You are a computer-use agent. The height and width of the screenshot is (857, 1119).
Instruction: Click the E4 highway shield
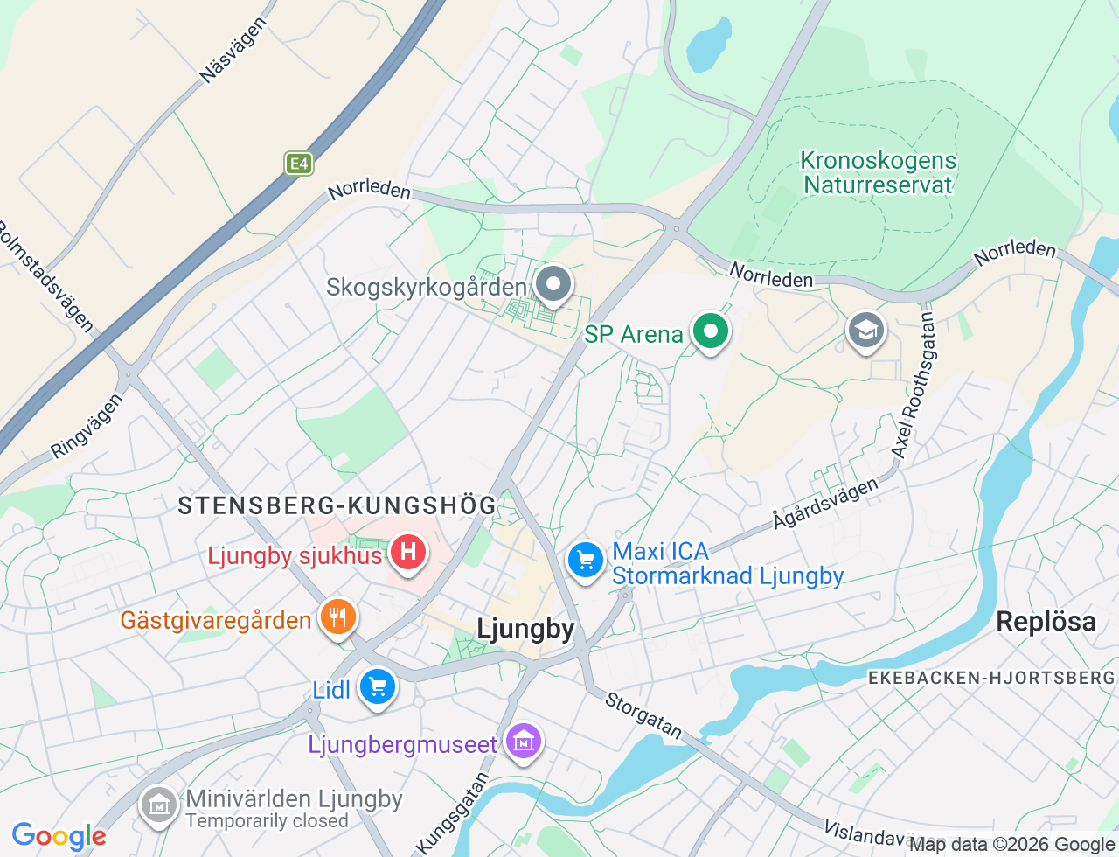(x=299, y=164)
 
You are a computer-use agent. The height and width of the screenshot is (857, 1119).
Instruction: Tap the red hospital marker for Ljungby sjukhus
(x=407, y=552)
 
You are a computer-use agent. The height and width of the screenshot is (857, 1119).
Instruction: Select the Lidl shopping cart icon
(x=378, y=687)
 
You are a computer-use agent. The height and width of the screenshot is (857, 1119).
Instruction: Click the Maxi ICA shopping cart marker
(x=585, y=559)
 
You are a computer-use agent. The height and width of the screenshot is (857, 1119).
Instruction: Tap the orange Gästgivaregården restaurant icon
(x=337, y=617)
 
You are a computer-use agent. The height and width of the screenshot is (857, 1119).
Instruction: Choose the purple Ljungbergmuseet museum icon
(x=524, y=742)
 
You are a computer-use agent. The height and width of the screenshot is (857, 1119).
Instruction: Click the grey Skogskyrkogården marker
(x=553, y=284)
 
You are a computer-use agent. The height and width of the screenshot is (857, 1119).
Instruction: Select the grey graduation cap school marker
(x=866, y=331)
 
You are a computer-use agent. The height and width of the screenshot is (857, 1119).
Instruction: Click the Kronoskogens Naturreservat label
(x=878, y=173)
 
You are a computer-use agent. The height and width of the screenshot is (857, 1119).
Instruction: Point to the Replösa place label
(x=1046, y=622)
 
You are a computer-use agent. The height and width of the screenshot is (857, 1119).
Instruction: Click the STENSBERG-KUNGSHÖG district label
(x=337, y=505)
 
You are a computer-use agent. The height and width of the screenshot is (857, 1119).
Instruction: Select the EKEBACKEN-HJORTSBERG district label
(x=991, y=678)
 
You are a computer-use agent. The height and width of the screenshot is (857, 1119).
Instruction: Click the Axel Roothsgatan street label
(x=914, y=386)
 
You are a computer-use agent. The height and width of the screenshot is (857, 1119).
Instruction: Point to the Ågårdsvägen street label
(x=825, y=504)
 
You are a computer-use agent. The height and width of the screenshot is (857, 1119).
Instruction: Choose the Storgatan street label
(x=643, y=714)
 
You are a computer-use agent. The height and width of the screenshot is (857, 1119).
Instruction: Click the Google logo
(x=59, y=836)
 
